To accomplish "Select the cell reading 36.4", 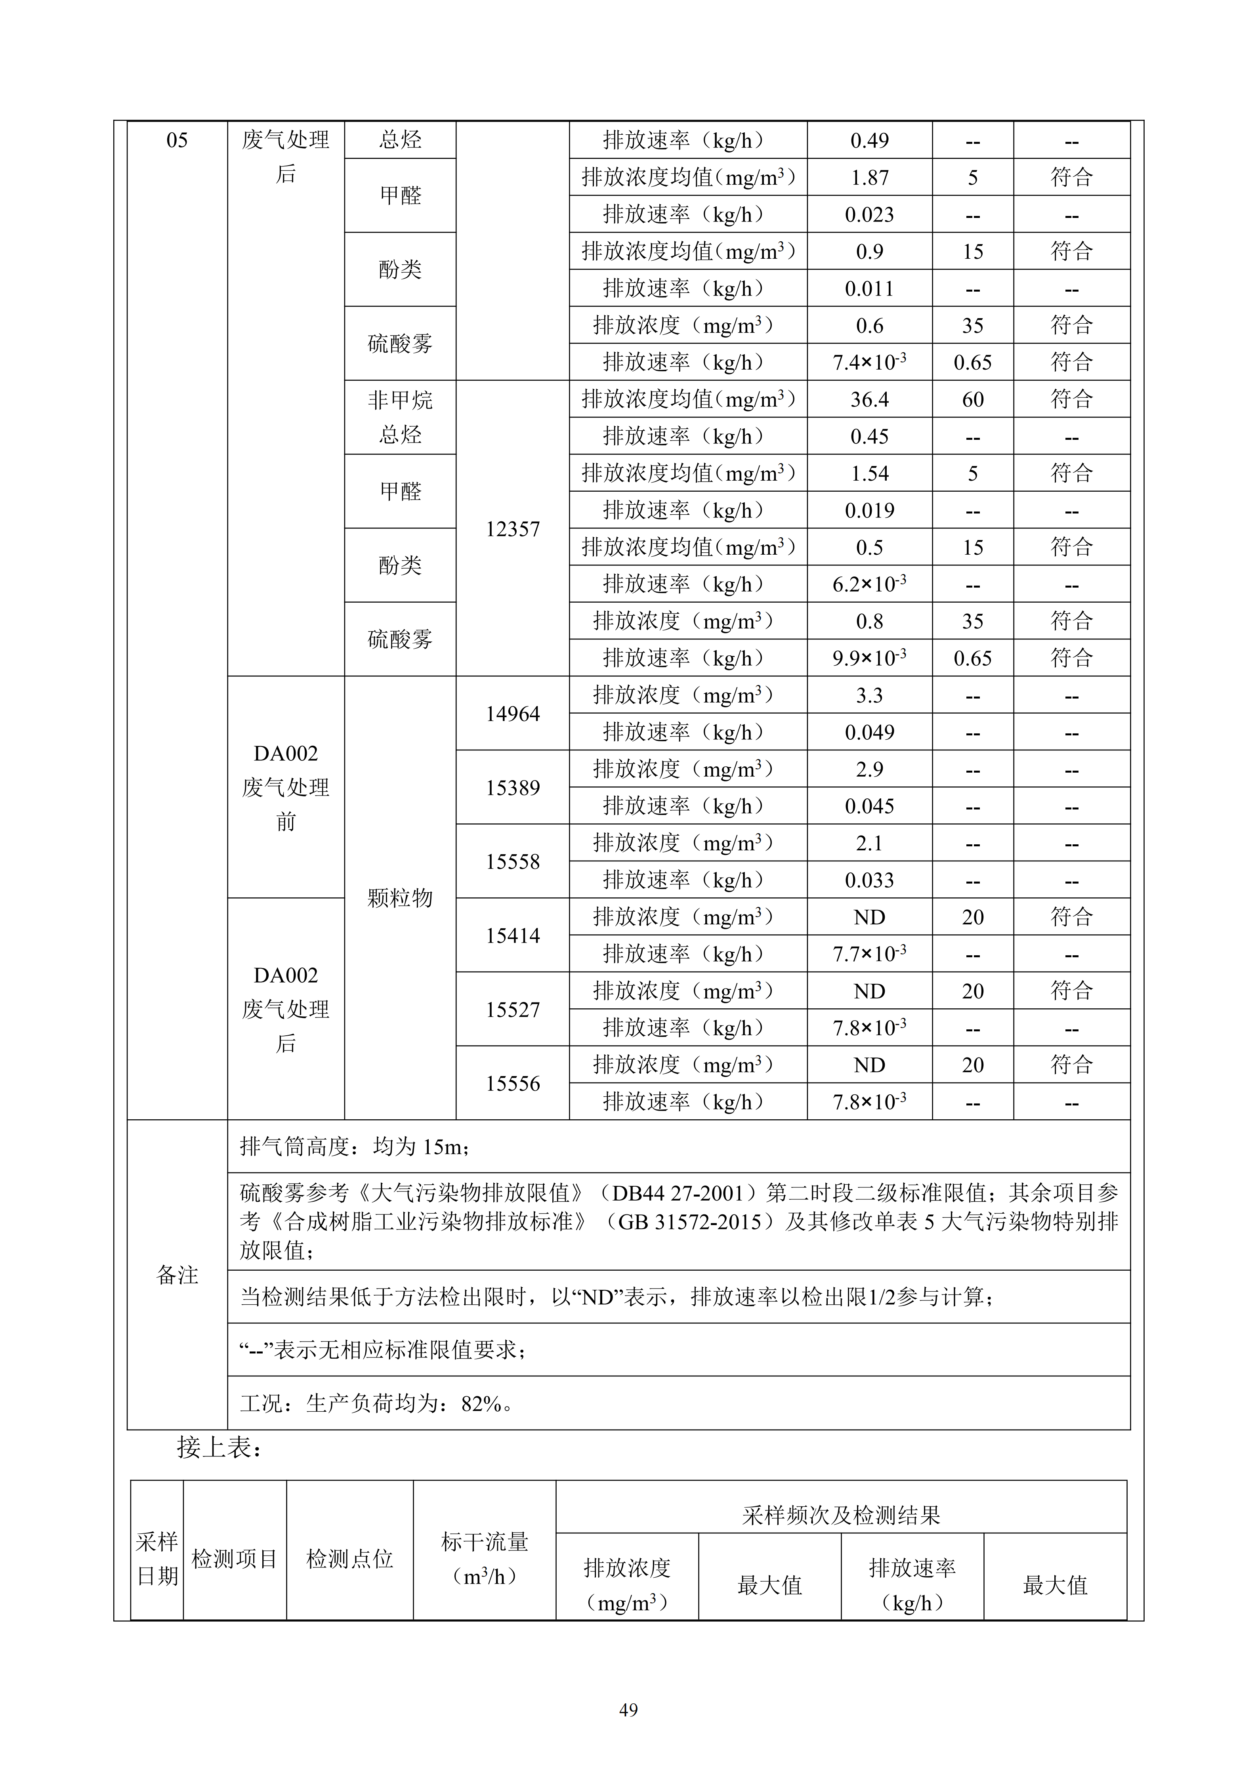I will pos(869,400).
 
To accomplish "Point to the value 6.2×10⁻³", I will pos(869,584).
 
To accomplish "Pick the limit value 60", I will pos(972,400).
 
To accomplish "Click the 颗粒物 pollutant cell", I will pos(400,898).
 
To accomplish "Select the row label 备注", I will pos(178,1275).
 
